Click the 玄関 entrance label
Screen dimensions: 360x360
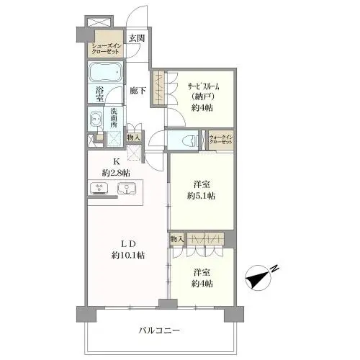pyautogui.click(x=137, y=38)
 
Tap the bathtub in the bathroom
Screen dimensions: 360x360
pyautogui.click(x=105, y=72)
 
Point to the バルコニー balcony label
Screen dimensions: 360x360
pyautogui.click(x=159, y=330)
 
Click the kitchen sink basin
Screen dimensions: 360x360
pyautogui.click(x=127, y=188)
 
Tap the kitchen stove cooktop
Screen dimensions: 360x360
pyautogui.click(x=99, y=188)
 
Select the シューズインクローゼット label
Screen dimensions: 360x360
pyautogui.click(x=105, y=49)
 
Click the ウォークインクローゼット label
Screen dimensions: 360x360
pyautogui.click(x=221, y=140)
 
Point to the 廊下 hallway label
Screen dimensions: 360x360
pyautogui.click(x=138, y=91)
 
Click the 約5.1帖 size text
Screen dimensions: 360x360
pyautogui.click(x=201, y=196)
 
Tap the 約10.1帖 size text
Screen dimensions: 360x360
pyautogui.click(x=128, y=256)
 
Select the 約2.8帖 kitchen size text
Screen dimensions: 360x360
pyautogui.click(x=116, y=173)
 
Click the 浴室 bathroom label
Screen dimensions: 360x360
pyautogui.click(x=99, y=94)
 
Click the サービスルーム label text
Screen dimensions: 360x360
pyautogui.click(x=204, y=86)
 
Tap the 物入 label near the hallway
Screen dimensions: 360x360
pyautogui.click(x=134, y=138)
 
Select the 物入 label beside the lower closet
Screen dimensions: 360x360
pyautogui.click(x=177, y=238)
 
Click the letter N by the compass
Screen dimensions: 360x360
pyautogui.click(x=275, y=268)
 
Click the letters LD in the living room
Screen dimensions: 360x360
pyautogui.click(x=128, y=244)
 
